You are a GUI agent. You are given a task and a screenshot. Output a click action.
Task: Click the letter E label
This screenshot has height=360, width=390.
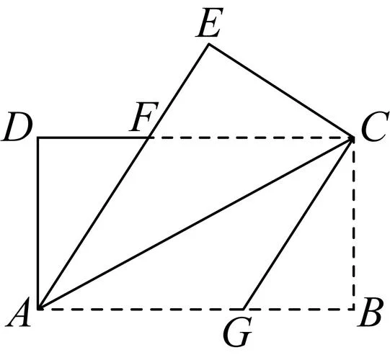[x=209, y=22]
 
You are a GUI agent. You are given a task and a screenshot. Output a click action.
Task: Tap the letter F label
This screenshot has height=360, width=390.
[x=143, y=117]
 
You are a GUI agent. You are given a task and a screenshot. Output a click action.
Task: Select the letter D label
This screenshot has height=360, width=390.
[x=17, y=127]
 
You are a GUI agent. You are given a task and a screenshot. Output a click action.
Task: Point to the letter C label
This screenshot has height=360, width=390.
[x=375, y=126]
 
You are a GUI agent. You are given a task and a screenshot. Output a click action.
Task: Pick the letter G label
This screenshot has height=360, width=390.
[x=237, y=331]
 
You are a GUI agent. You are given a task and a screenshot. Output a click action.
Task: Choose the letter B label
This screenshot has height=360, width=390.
[x=369, y=311]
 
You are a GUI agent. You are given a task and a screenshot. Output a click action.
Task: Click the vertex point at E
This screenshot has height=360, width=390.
[x=209, y=44]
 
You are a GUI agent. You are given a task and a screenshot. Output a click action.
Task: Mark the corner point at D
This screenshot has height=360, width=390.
[x=38, y=138]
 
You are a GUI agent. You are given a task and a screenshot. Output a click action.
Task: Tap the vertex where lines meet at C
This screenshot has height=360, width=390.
[x=353, y=138]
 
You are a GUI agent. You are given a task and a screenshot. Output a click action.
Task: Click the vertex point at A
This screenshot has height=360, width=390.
[x=38, y=309]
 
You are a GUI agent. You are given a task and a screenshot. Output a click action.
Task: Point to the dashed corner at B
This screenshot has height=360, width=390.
[x=353, y=310]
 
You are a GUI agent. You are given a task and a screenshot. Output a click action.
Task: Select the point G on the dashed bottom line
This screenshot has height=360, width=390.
[x=244, y=310]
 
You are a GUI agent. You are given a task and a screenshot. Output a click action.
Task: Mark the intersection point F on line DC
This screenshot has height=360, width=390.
[x=149, y=138]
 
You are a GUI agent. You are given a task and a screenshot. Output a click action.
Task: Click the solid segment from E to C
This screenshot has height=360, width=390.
[x=281, y=91]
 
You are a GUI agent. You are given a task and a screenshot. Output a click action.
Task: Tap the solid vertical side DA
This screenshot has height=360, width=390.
[x=38, y=223]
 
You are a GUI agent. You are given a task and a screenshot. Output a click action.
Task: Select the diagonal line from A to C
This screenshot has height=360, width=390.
[x=196, y=223]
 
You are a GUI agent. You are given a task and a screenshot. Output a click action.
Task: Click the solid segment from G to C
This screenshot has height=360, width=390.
[x=298, y=223]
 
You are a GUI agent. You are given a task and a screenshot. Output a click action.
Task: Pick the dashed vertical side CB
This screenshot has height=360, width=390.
[x=353, y=223]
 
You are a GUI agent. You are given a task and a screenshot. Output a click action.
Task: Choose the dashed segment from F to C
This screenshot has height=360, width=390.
[x=251, y=138]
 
